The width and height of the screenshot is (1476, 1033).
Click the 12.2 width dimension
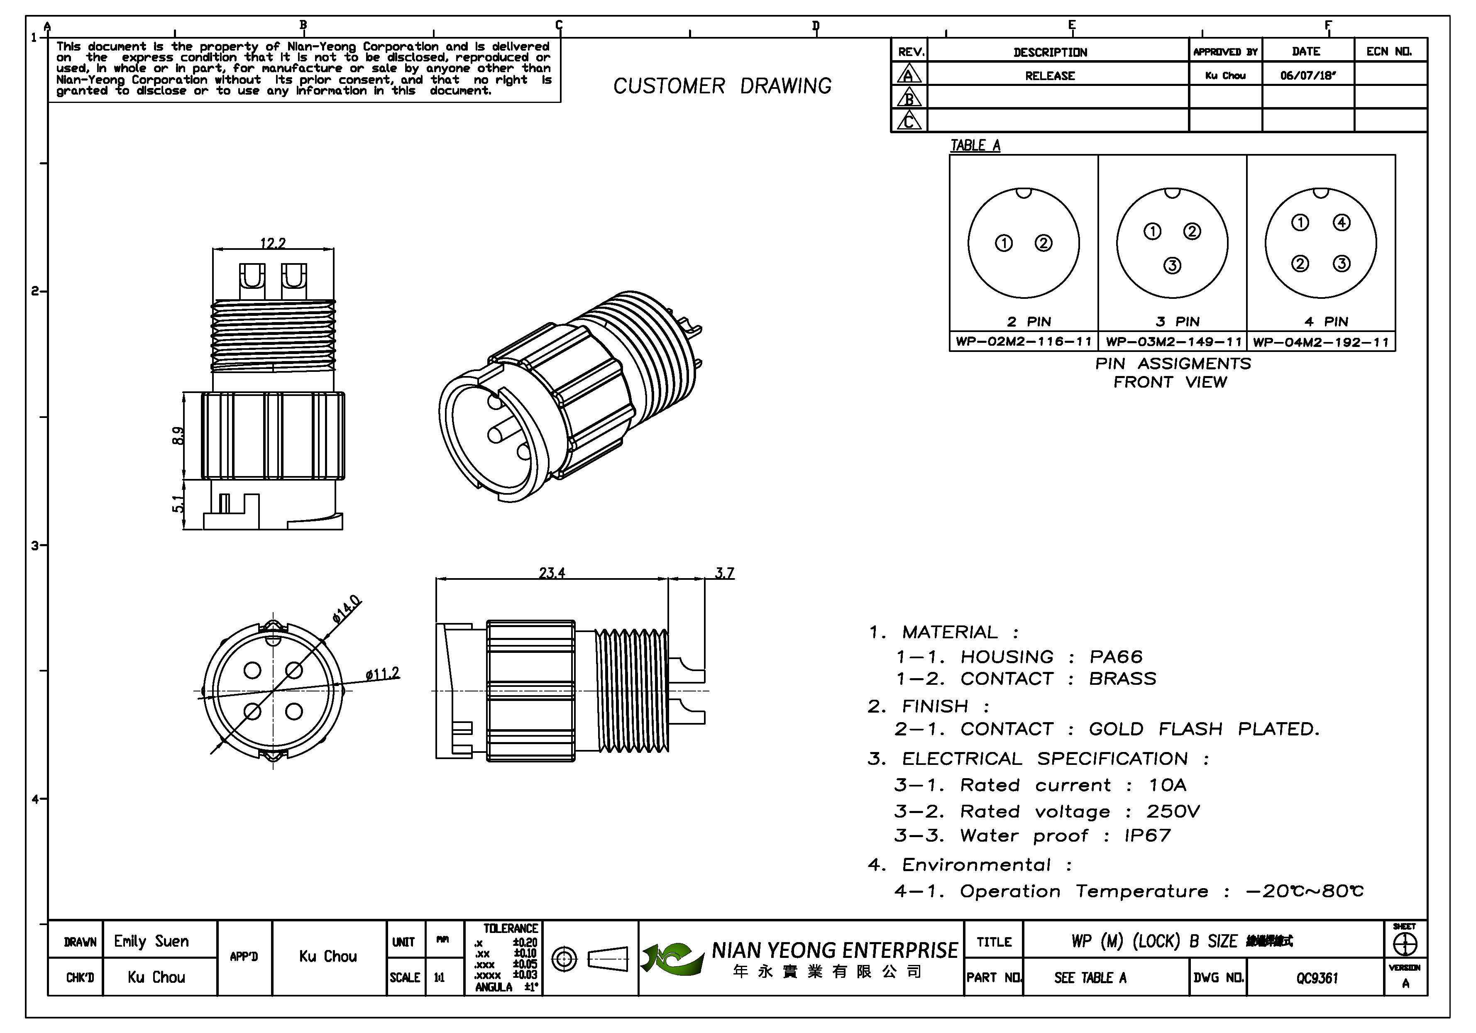click(x=273, y=243)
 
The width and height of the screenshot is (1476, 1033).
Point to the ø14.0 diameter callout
click(x=347, y=609)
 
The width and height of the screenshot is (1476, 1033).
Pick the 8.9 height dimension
click(x=179, y=436)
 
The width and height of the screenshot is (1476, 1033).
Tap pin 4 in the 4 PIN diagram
click(x=1341, y=222)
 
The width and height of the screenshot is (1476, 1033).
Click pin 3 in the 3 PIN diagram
click(x=1173, y=266)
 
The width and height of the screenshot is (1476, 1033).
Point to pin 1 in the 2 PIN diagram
click(x=1004, y=243)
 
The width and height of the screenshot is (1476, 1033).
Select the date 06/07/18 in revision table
click(x=1307, y=75)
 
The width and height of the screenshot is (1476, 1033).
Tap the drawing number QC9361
click(x=1317, y=978)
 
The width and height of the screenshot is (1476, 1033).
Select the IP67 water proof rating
click(x=1148, y=836)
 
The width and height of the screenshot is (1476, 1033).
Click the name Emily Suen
click(x=152, y=942)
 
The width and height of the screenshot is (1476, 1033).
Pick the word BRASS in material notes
click(x=1122, y=679)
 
